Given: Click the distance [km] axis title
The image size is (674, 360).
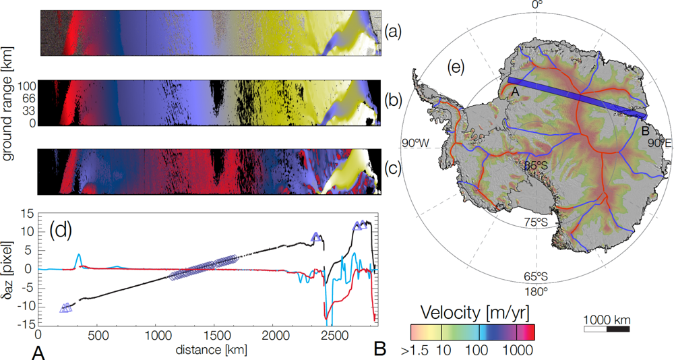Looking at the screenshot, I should click(x=206, y=349).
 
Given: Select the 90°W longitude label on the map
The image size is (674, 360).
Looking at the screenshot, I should click(x=416, y=143).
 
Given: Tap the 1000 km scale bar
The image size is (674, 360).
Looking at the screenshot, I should click(x=607, y=329).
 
